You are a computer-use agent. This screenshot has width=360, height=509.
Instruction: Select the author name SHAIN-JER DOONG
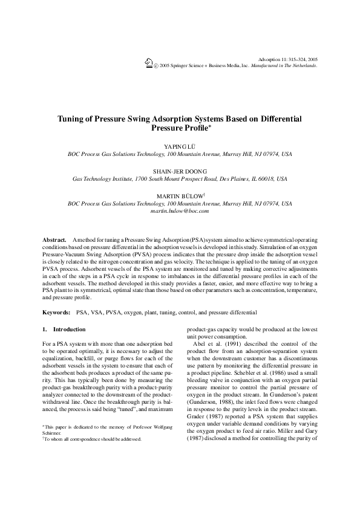pos(180,171)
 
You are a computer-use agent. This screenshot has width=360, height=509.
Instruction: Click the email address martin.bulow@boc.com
pos(180,212)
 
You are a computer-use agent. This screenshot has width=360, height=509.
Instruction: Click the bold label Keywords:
pos(57,313)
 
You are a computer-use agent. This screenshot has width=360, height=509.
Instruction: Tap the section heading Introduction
pos(70,329)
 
